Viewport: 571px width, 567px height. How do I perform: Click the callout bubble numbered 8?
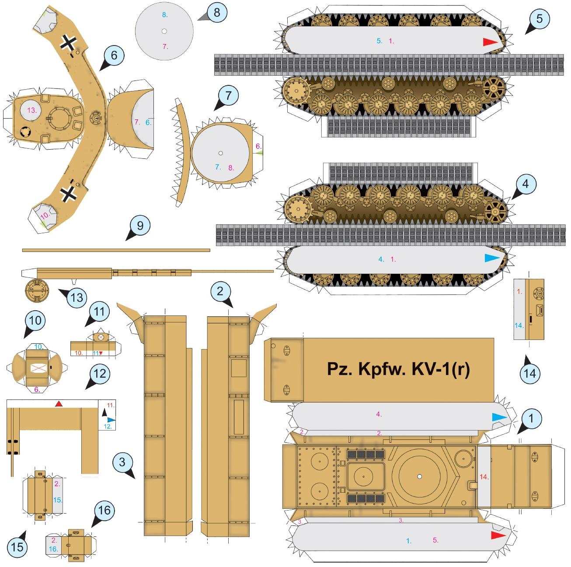point(216,12)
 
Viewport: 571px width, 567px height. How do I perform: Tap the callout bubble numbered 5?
point(539,19)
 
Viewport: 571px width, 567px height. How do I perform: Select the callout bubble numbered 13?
point(77,297)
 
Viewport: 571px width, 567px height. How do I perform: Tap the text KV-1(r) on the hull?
point(441,369)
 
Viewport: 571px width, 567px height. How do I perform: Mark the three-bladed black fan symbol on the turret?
point(25,132)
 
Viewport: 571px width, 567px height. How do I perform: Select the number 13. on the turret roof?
point(32,110)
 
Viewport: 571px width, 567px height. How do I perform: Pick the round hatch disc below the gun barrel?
point(37,290)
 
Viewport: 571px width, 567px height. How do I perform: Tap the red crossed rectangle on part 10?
point(38,369)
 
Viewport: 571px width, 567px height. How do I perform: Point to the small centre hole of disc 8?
point(164,31)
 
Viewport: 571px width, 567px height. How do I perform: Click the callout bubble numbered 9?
point(140,226)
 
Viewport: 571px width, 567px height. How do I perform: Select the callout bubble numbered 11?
point(99,311)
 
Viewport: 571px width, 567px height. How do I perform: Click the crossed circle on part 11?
point(101,337)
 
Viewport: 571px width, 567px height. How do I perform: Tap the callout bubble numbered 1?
point(531,418)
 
